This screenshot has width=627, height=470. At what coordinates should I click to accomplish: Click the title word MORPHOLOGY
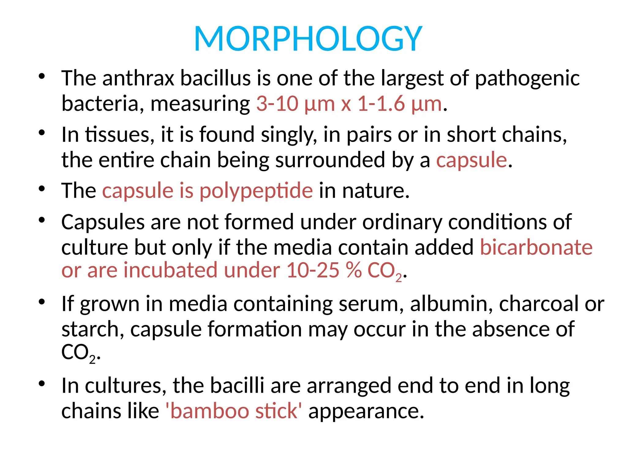coord(308,39)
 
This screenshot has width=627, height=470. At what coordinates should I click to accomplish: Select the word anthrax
coord(138,78)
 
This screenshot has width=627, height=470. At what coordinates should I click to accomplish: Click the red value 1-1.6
coord(381,104)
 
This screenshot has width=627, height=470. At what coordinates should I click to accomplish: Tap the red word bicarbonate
coord(536,247)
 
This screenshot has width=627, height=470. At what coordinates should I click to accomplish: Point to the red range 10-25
coord(313,270)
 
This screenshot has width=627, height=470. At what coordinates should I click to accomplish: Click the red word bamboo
coord(209,411)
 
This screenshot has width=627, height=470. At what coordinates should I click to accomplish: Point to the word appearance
coord(366,412)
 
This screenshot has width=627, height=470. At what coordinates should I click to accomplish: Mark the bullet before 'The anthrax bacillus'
coord(42,76)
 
